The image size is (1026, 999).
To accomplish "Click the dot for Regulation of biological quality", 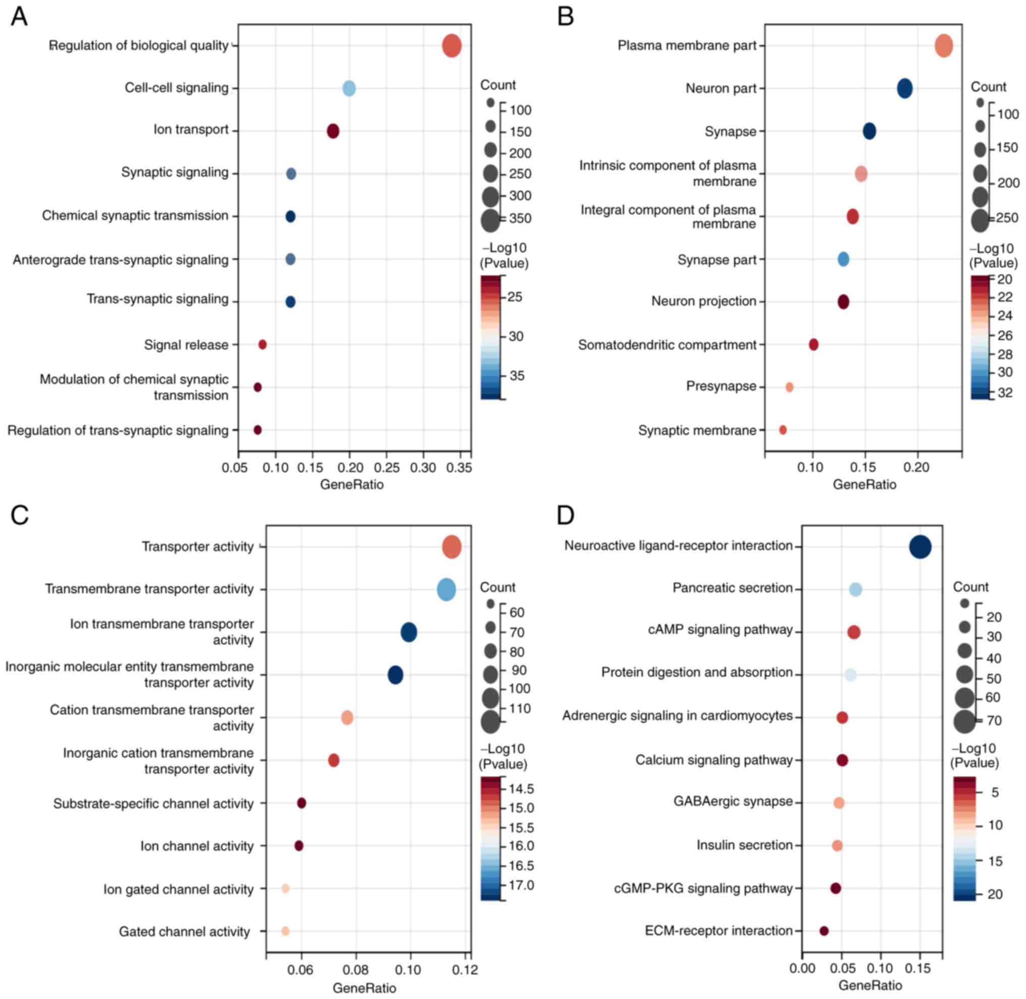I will (x=451, y=46).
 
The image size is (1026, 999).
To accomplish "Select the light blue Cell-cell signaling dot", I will (x=349, y=89).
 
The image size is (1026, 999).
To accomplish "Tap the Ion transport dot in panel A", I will (x=333, y=131).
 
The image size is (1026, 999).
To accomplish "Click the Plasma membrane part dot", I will (x=944, y=45).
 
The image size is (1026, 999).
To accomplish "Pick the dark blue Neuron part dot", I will (x=904, y=88).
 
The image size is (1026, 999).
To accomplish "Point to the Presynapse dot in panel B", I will (x=789, y=387).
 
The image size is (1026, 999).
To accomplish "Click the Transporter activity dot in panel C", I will (x=451, y=547).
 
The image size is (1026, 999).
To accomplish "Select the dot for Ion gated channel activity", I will (x=285, y=888).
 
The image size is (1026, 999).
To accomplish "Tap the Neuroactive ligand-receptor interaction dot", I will (x=920, y=547).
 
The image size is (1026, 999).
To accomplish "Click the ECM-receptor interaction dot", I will (x=824, y=931).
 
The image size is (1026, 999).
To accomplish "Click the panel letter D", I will (x=566, y=516).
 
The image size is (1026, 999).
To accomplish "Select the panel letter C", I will (x=19, y=516).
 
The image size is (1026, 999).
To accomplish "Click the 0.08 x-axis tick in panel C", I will (x=356, y=970).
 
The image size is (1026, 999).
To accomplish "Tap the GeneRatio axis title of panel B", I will (x=864, y=484).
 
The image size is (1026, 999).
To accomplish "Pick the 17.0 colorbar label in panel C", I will (x=521, y=886).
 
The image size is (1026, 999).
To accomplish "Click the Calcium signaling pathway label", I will (x=713, y=760).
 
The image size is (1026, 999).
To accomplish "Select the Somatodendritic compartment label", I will (x=666, y=345).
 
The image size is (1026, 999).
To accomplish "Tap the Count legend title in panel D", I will (x=970, y=587).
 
